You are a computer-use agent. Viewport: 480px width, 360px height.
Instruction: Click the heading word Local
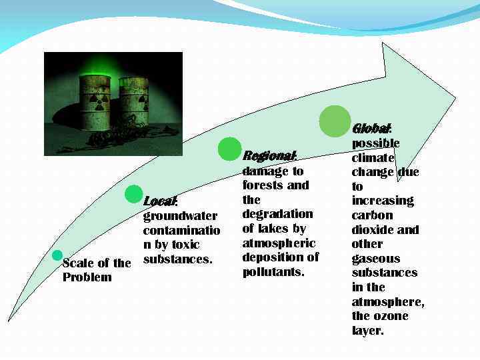(x=160, y=201)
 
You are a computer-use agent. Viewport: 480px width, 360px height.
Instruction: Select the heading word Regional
(x=269, y=156)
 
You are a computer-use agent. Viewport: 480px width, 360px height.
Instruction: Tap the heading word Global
(x=371, y=128)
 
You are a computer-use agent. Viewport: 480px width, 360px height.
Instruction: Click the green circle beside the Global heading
(x=335, y=121)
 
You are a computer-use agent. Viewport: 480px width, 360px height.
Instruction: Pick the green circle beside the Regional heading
(x=230, y=149)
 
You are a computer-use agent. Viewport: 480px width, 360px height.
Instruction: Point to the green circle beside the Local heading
(x=134, y=195)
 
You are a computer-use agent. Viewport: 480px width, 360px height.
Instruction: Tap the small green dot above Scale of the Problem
(x=57, y=255)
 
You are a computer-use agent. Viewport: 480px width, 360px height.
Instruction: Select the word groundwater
(x=180, y=216)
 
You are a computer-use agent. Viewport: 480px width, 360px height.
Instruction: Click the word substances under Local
(x=177, y=259)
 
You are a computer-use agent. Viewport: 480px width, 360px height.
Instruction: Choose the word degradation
(x=277, y=214)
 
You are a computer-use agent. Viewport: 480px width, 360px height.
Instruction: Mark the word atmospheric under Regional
(x=279, y=243)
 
